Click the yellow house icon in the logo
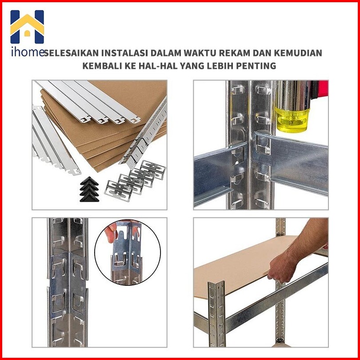point(27,25)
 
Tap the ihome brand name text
point(27,52)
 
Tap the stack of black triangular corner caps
point(89,189)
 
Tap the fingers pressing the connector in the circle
point(112,232)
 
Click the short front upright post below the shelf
point(216,314)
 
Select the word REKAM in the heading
point(234,53)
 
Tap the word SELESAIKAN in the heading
point(72,53)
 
